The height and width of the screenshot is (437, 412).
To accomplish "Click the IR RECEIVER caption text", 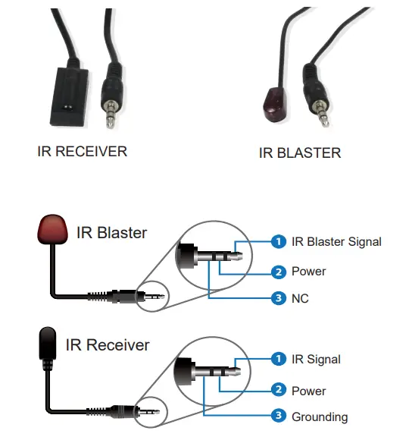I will (x=82, y=151).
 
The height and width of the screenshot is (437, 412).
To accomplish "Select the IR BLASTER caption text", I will (x=300, y=152).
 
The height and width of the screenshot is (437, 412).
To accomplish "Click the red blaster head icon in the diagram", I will (x=52, y=231).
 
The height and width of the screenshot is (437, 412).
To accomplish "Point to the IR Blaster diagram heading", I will (x=111, y=232).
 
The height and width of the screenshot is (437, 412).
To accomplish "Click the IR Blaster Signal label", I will (x=336, y=242).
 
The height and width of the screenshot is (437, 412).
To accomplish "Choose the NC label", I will (x=300, y=298).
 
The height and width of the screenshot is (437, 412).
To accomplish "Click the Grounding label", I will (x=320, y=417).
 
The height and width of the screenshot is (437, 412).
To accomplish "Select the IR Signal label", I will (x=316, y=359).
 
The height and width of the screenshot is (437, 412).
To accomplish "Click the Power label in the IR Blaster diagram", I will (x=308, y=271).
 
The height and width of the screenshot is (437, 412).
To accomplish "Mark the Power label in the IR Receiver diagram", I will (x=308, y=391).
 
